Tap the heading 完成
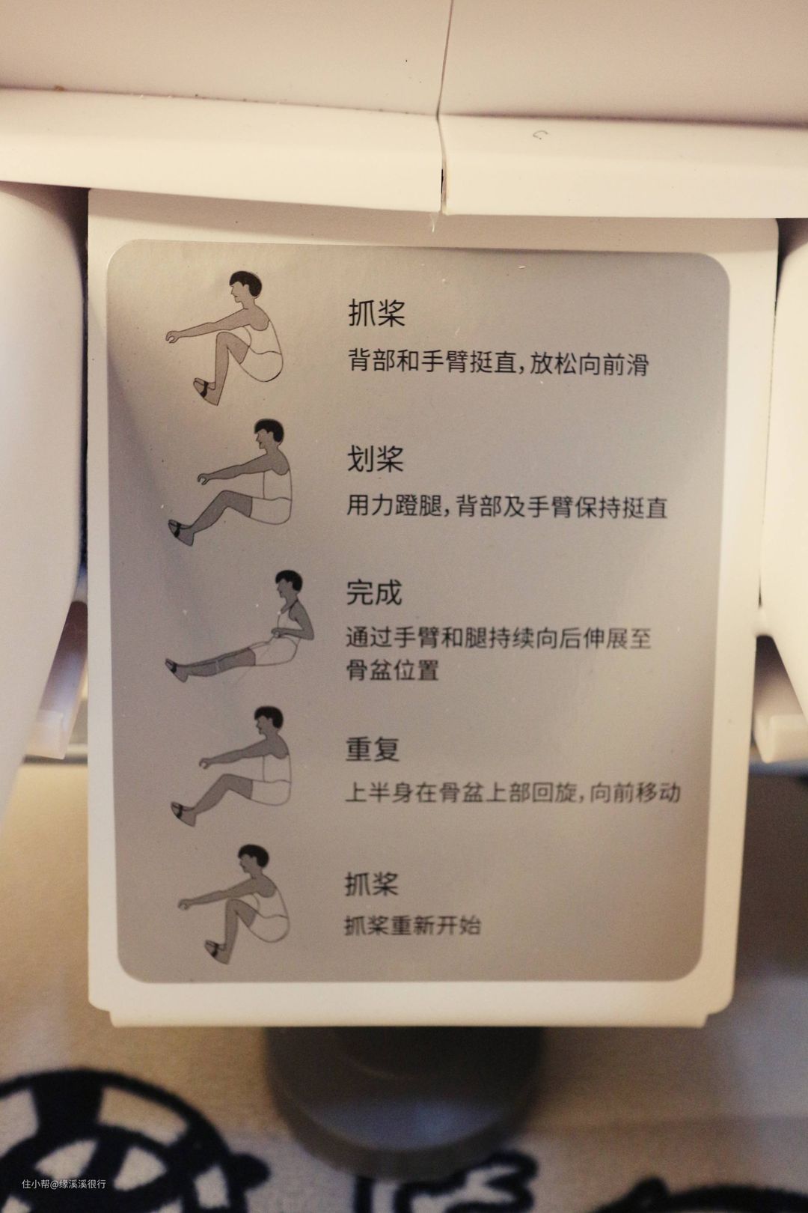tap(374, 593)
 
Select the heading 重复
tap(373, 750)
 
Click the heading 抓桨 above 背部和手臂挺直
tap(376, 312)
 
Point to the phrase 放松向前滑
tap(589, 364)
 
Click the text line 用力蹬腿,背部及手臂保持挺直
tap(506, 508)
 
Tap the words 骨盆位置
tap(392, 670)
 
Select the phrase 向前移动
tap(634, 793)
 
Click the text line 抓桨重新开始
tap(411, 925)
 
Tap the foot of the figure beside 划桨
tap(182, 533)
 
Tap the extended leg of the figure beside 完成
tap(214, 663)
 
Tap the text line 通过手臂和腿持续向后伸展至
tap(498, 639)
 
